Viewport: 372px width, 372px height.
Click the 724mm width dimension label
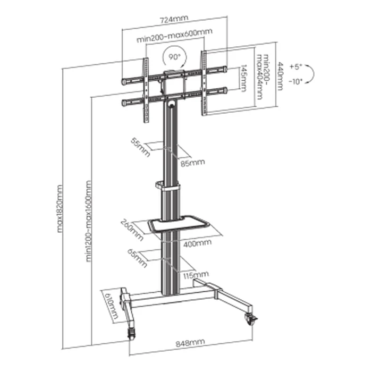[x=174, y=20]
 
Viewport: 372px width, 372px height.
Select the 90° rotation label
[x=174, y=56]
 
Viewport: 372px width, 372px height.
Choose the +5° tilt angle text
[x=296, y=67]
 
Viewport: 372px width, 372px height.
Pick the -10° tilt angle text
[x=295, y=81]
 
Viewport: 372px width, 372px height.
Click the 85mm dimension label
[x=192, y=162]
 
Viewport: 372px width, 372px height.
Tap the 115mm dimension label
[x=197, y=274]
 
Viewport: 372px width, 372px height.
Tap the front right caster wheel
[x=250, y=319]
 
